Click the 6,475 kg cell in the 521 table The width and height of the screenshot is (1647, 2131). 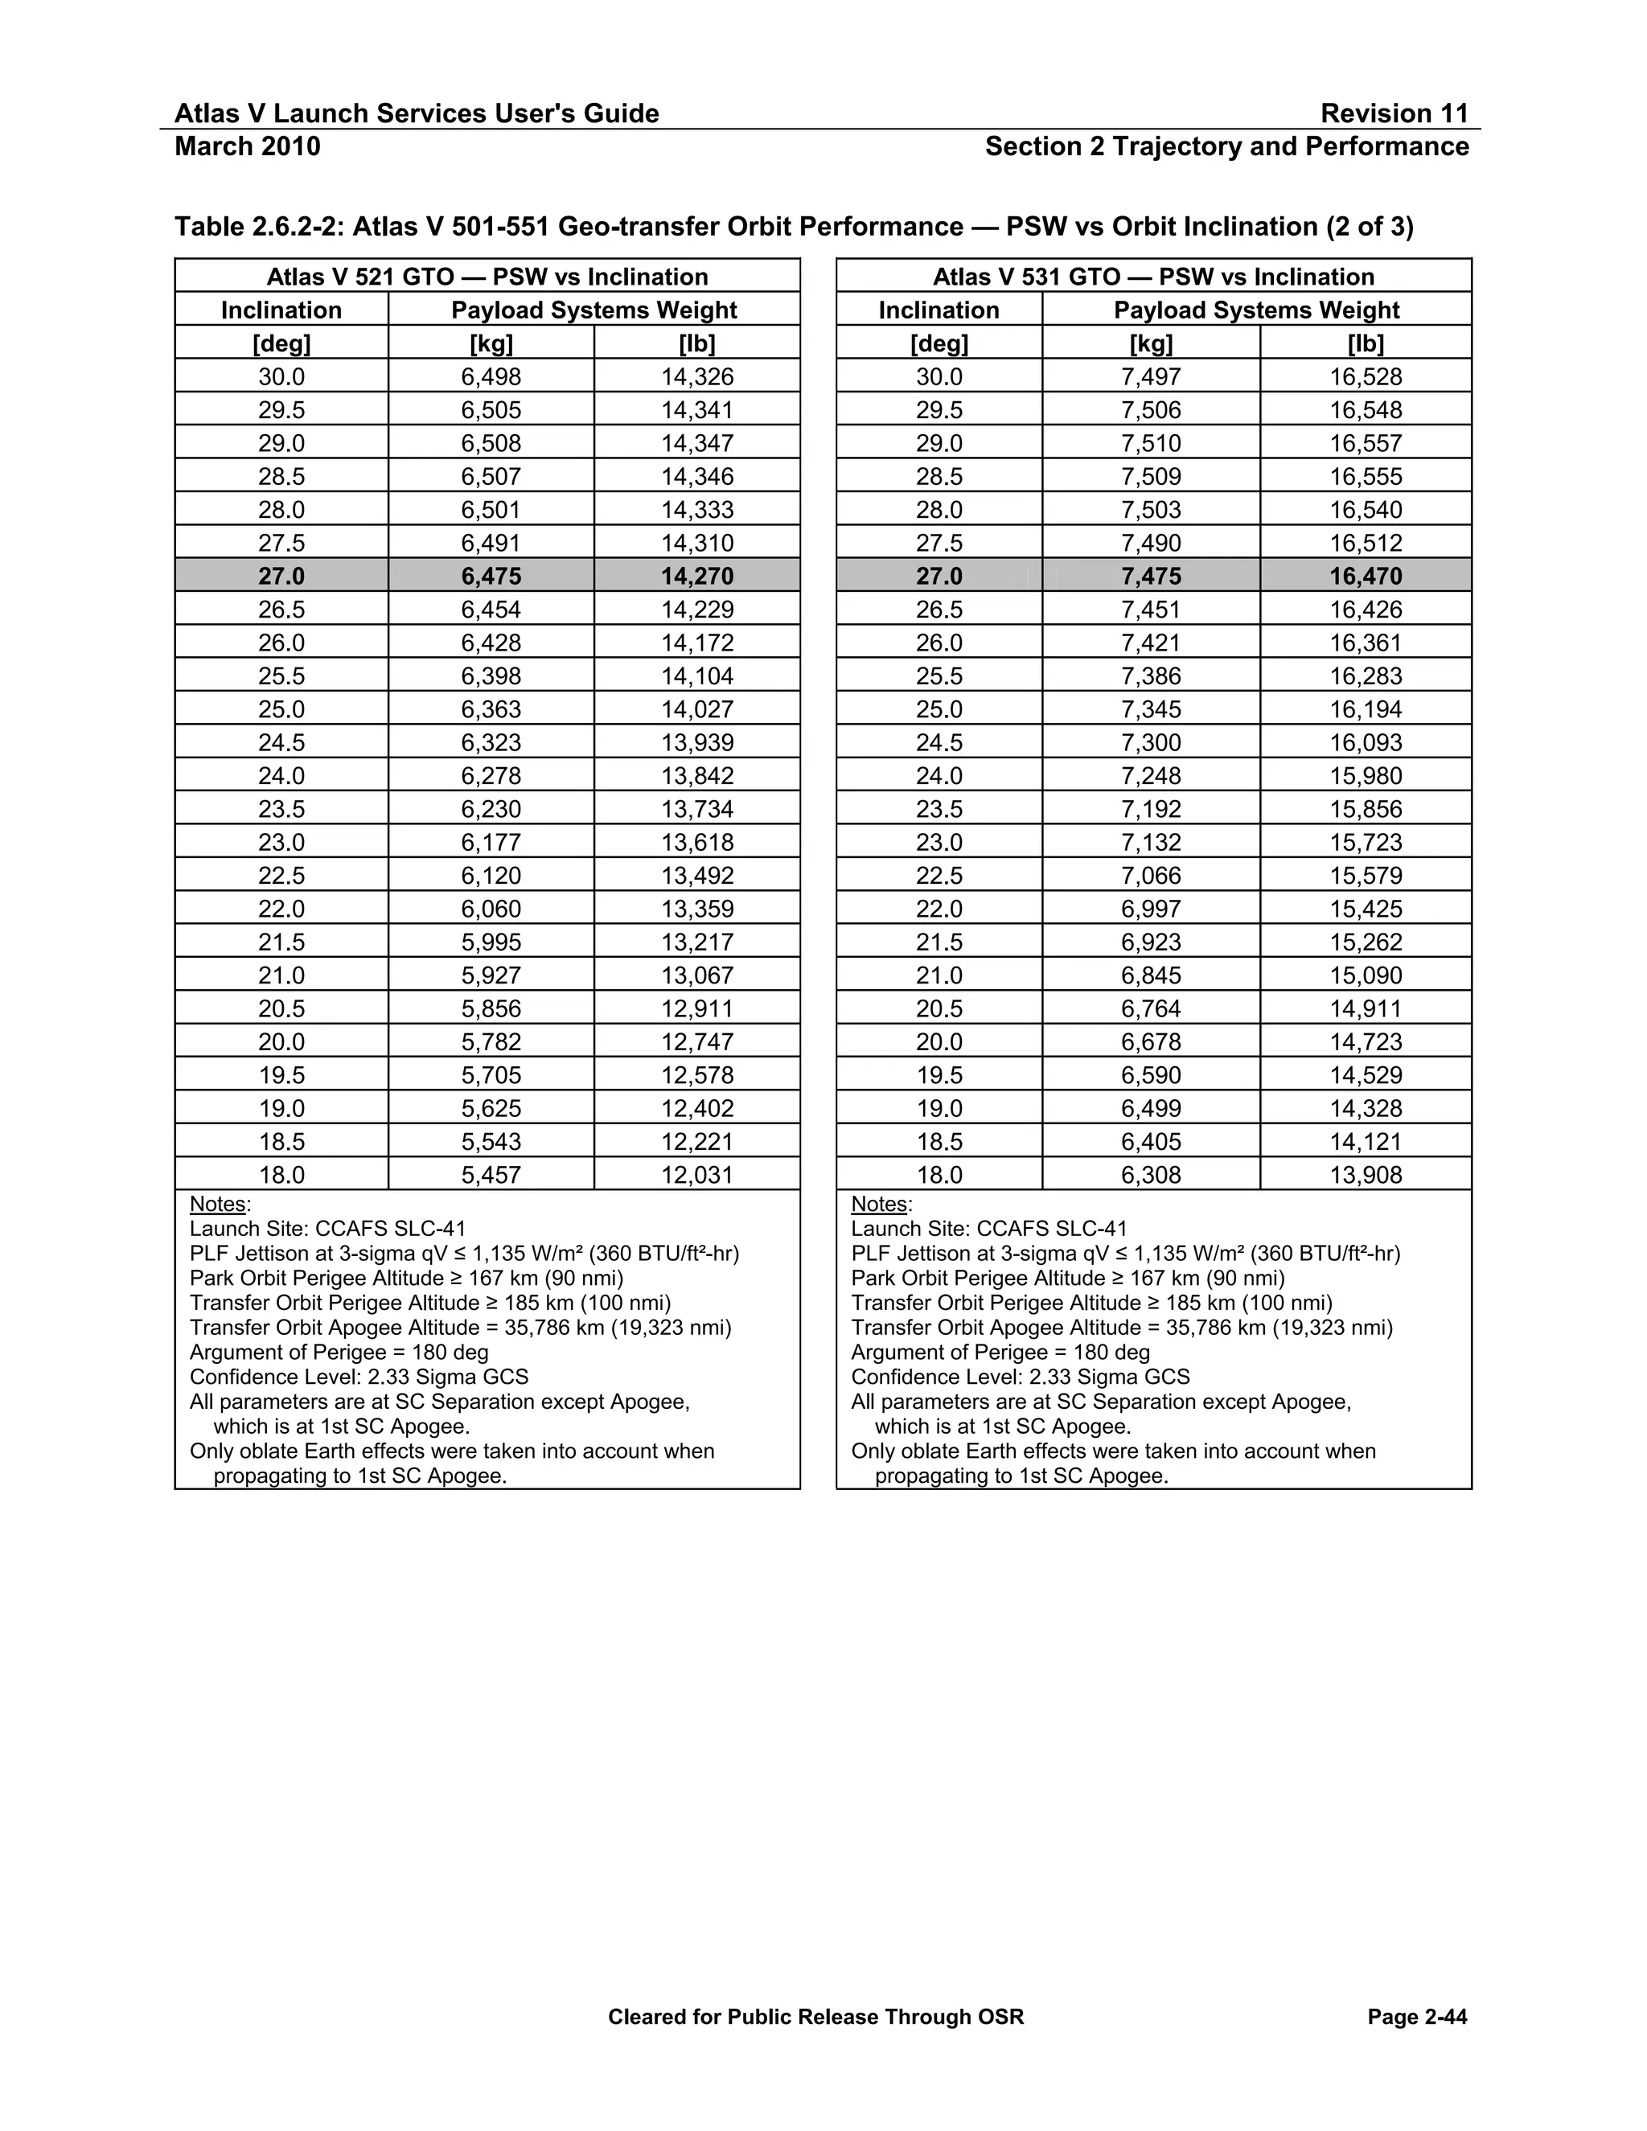[x=491, y=577]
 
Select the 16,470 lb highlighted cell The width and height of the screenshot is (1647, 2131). [x=1365, y=577]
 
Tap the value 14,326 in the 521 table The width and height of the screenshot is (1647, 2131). [x=696, y=376]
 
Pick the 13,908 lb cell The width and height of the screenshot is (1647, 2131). [x=1365, y=1175]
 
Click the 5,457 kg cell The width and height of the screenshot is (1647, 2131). [x=491, y=1175]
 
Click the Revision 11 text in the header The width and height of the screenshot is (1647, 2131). [x=1394, y=114]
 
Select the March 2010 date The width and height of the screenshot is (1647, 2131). [x=247, y=146]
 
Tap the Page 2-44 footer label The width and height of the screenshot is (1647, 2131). [x=1417, y=2017]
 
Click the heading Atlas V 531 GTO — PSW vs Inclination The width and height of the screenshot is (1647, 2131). [x=1153, y=277]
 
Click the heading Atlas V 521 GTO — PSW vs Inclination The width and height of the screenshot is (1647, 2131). [x=487, y=277]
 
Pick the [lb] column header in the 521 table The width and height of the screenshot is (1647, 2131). [x=696, y=343]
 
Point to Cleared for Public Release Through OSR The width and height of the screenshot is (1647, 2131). [x=815, y=2017]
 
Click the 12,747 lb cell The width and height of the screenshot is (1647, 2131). [x=696, y=1042]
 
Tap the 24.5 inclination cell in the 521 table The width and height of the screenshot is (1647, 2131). [x=281, y=742]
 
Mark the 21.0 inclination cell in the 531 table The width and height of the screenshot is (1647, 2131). [x=939, y=975]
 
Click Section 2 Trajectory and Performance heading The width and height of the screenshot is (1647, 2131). [x=1226, y=146]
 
